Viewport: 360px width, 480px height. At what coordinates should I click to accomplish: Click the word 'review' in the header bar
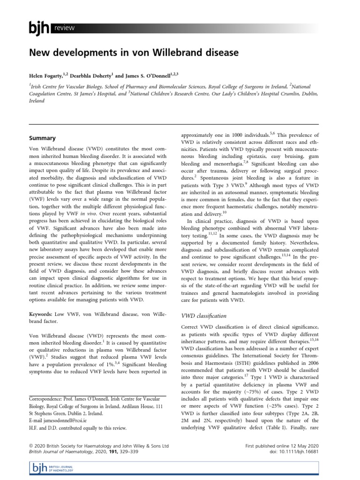(x=65, y=28)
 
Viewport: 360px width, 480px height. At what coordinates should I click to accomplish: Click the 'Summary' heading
(x=43, y=138)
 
